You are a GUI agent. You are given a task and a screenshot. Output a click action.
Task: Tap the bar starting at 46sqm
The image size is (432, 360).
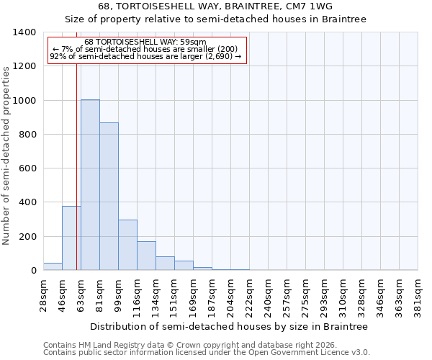pos(71,238)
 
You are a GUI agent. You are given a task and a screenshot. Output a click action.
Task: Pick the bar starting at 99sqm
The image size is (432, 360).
pos(127,245)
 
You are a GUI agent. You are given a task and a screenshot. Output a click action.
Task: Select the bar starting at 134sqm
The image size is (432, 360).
pos(165,264)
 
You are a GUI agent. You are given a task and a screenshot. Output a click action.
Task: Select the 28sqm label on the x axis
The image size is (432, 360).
pos(44,294)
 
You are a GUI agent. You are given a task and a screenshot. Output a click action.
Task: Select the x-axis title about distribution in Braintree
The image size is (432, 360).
pos(230,326)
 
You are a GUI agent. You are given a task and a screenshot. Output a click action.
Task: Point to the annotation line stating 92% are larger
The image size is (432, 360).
pos(145,56)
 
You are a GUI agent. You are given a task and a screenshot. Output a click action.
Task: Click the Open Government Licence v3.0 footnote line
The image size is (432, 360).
pos(206,353)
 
